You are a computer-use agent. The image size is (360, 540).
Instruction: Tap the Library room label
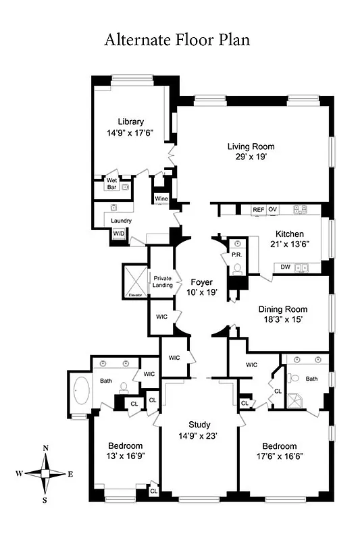[130, 122]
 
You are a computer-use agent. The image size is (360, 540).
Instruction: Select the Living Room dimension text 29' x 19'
[251, 157]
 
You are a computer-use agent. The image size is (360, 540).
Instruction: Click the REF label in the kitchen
[258, 210]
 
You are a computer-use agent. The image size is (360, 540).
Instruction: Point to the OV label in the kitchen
[273, 210]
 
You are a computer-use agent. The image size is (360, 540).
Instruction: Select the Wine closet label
[161, 199]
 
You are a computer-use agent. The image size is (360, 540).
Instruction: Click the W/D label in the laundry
[118, 234]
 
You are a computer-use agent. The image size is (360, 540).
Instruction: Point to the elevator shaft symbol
[133, 281]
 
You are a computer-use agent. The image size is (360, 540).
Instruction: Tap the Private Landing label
[163, 281]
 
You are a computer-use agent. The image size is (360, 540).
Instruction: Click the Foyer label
[201, 281]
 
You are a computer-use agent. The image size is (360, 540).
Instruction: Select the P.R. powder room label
[236, 255]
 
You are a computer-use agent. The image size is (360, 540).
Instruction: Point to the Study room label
[199, 425]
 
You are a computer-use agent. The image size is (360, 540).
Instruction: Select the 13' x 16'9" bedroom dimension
[126, 456]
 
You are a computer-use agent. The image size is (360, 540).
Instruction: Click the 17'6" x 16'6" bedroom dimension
[280, 456]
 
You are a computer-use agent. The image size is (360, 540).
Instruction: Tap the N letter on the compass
[45, 448]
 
